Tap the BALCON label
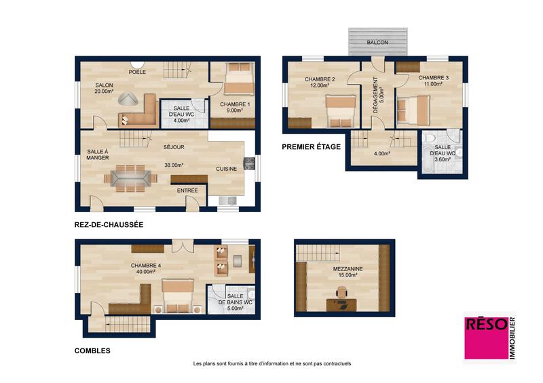[x=377, y=43]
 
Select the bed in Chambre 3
[x=412, y=108]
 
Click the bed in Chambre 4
[x=179, y=296]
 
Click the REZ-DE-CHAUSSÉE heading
[x=109, y=224]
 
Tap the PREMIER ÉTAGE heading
[x=311, y=146]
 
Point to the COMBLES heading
[x=92, y=351]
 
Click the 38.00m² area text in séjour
[x=174, y=165]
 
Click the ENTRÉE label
[x=187, y=190]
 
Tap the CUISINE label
[x=227, y=169]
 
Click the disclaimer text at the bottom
[x=271, y=363]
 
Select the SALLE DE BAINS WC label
[x=240, y=300]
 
